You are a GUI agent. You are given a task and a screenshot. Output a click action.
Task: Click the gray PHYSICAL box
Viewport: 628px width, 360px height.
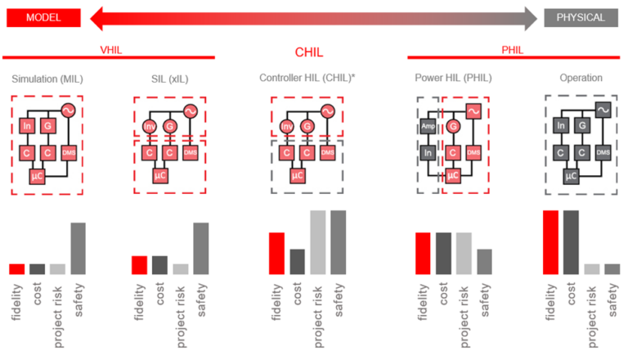tap(581, 17)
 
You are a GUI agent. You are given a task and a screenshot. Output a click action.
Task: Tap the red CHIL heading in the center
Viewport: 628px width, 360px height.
tap(309, 52)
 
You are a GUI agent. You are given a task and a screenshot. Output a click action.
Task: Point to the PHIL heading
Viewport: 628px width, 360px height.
tap(514, 49)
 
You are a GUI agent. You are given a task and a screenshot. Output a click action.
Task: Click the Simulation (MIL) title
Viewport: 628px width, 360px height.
tap(47, 79)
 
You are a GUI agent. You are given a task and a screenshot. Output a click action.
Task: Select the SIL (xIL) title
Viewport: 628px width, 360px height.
tap(170, 79)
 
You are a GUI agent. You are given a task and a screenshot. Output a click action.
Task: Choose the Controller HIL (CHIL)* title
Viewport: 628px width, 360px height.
tap(307, 79)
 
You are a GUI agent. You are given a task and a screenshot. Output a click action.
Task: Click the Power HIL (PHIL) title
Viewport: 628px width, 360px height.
tap(454, 79)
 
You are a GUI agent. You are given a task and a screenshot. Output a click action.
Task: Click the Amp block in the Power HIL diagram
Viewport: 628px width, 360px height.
tap(428, 126)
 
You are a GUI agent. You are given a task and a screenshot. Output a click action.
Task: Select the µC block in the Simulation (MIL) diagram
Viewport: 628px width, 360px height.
tap(37, 175)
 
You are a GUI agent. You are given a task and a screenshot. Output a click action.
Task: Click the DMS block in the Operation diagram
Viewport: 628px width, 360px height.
tap(603, 152)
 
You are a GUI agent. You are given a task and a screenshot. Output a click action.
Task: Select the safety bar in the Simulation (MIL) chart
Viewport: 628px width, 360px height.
tap(78, 248)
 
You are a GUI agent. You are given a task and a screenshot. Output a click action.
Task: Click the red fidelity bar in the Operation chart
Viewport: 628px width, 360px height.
tap(550, 242)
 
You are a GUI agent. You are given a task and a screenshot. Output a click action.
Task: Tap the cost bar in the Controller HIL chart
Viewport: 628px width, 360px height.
tap(297, 261)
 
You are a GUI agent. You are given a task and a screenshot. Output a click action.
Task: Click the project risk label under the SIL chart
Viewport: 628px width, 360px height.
tap(181, 306)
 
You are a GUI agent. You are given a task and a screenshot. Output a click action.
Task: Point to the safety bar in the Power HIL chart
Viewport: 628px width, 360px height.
tap(484, 261)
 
